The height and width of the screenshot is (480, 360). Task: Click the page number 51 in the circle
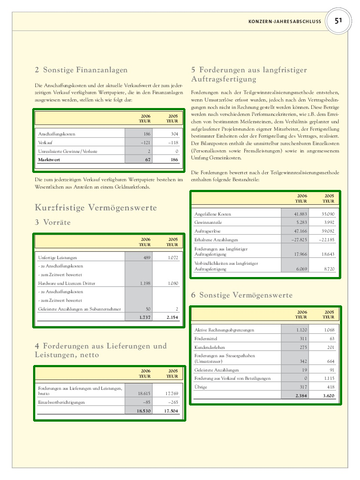pyautogui.click(x=338, y=21)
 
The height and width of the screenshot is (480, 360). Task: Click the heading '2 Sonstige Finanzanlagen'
pyautogui.click(x=81, y=70)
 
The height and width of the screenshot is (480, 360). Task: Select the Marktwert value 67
pyautogui.click(x=148, y=160)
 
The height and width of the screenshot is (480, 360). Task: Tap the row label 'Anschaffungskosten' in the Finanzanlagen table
pyautogui.click(x=57, y=134)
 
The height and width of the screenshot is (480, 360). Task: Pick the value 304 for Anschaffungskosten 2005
pyautogui.click(x=175, y=134)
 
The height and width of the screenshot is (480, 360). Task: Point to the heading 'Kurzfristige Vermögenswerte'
pyautogui.click(x=96, y=208)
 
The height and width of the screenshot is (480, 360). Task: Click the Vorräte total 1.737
pyautogui.click(x=145, y=318)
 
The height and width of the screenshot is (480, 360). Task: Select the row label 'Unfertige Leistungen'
pyautogui.click(x=58, y=258)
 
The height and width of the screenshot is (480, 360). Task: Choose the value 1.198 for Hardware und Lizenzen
pyautogui.click(x=145, y=283)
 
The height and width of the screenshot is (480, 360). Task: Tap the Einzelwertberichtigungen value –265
pyautogui.click(x=173, y=402)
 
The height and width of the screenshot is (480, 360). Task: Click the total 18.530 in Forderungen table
pyautogui.click(x=144, y=411)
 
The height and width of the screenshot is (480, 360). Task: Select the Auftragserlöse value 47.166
pyautogui.click(x=300, y=231)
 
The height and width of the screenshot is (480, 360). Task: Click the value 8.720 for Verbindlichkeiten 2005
pyautogui.click(x=330, y=269)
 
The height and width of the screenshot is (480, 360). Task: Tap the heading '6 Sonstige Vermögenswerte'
pyautogui.click(x=242, y=295)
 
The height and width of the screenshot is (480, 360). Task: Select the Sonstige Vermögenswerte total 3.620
pyautogui.click(x=328, y=396)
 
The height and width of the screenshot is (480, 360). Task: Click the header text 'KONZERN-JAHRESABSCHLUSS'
pyautogui.click(x=285, y=21)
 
